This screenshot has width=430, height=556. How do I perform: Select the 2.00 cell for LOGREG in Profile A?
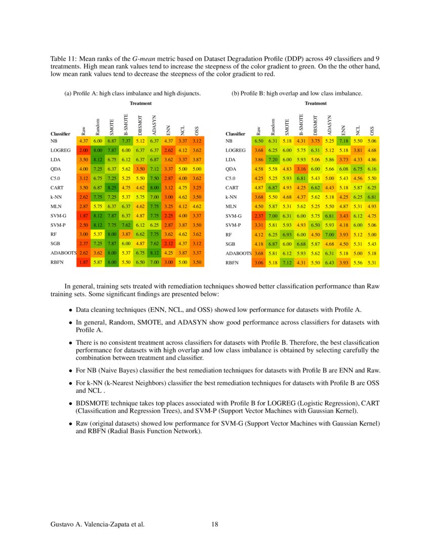coord(83,150)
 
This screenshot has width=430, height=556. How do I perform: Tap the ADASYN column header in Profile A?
coord(155,123)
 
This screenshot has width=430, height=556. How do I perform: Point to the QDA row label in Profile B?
coord(231,169)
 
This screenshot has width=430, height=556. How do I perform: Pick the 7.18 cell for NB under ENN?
coord(344,141)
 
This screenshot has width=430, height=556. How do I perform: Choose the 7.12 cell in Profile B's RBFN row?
coord(287,263)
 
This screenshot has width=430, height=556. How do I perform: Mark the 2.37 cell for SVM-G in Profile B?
coord(259,216)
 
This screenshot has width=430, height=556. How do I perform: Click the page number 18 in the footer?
coord(215,524)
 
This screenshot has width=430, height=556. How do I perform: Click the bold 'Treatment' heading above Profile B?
coord(315,103)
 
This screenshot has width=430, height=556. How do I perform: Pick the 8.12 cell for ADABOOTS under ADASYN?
coord(155,253)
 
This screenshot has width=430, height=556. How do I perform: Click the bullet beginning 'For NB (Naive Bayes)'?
coord(71,369)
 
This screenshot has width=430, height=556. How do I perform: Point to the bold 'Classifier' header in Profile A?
coord(60,134)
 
